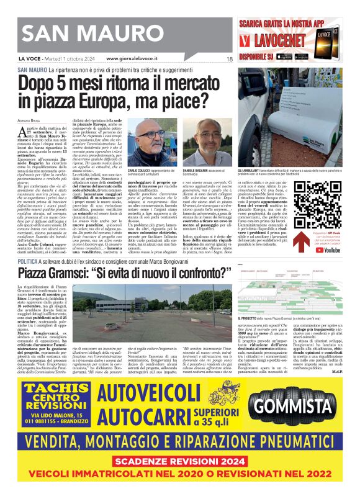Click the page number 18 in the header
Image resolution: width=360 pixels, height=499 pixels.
pos(230,59)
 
